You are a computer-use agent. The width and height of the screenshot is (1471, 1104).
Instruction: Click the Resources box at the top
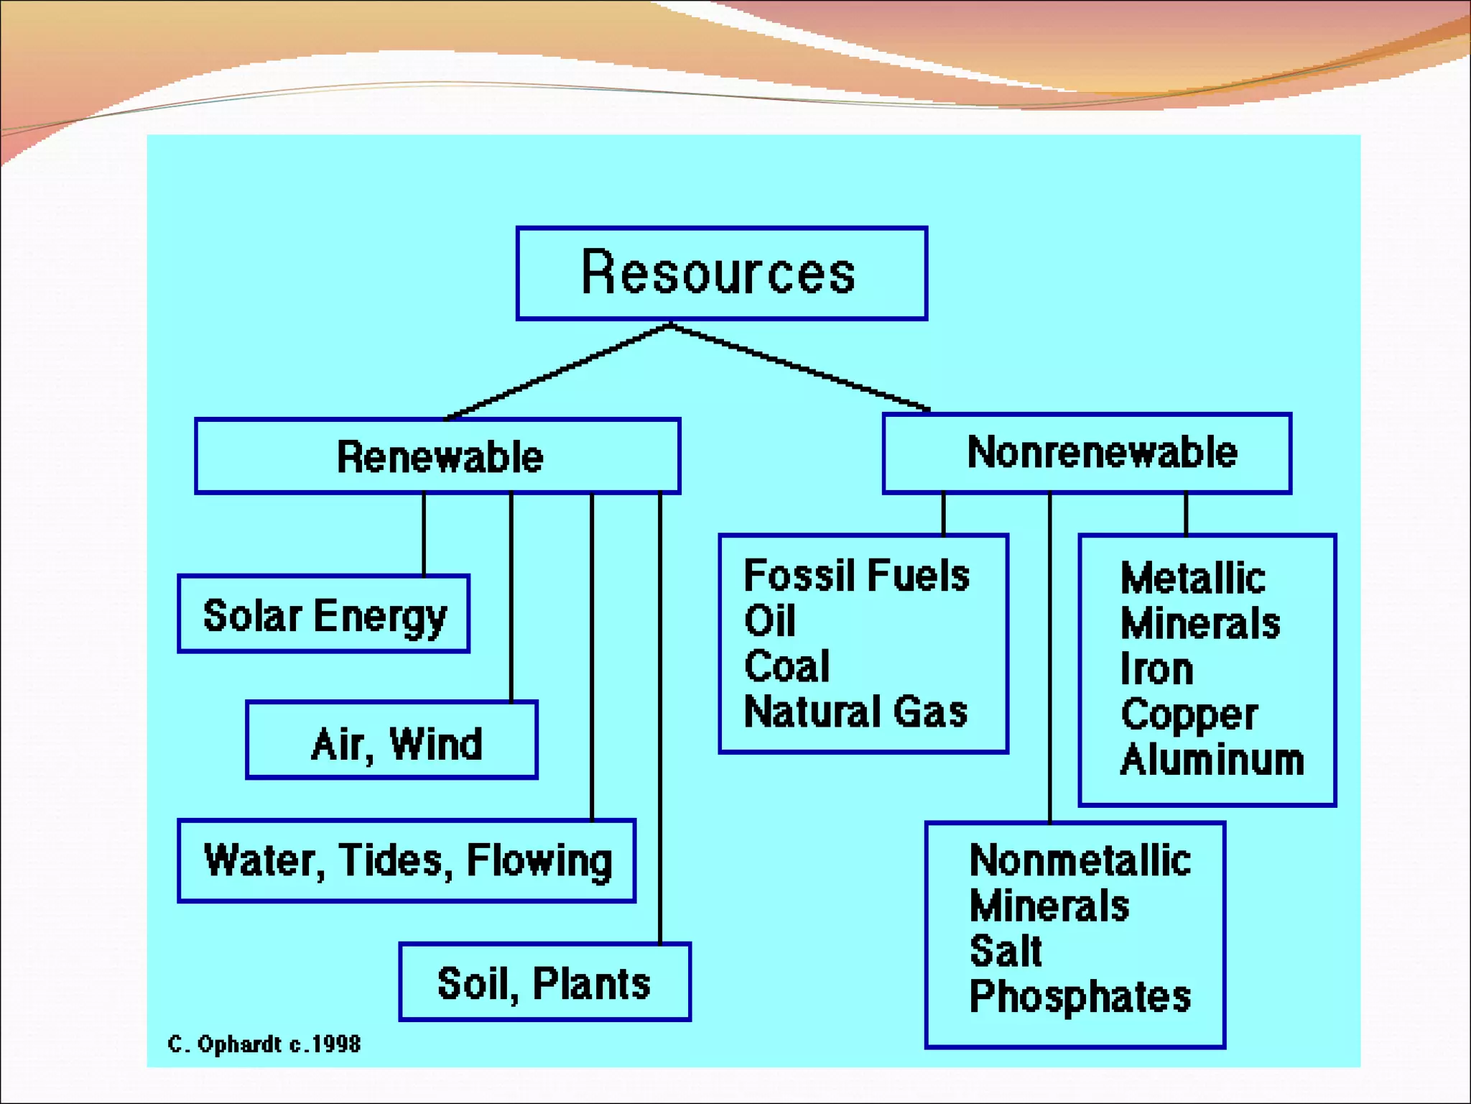point(721,273)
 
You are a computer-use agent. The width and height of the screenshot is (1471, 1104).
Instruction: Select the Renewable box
point(437,456)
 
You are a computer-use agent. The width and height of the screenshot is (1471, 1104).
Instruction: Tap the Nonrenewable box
point(1087,453)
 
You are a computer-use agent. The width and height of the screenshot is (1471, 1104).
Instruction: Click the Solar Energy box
point(324,615)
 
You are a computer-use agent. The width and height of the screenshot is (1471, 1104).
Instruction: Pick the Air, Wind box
point(392,741)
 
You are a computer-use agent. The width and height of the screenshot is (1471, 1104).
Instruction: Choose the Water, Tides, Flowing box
point(407,860)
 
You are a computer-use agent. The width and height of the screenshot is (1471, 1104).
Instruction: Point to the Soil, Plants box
point(544,983)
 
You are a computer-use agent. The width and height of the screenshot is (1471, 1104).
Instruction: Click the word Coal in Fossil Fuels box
point(786,666)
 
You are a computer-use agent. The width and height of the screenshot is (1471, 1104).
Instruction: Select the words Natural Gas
point(855,712)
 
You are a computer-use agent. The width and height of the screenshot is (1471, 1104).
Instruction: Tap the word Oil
point(769,620)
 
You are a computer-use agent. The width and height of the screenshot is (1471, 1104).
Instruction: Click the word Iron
point(1156,669)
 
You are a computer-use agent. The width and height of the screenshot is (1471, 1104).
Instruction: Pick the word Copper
point(1189,714)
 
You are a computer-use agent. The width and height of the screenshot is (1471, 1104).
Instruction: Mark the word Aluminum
point(1212,760)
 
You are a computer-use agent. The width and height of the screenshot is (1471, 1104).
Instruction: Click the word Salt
point(1005,951)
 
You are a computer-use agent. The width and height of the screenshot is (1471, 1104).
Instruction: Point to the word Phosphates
point(1080,996)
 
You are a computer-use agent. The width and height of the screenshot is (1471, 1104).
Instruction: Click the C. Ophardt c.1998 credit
point(264,1044)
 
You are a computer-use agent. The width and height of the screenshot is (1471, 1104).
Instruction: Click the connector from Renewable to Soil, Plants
point(660,719)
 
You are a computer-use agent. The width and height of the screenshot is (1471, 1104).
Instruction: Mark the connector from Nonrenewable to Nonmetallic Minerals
point(1049,658)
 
